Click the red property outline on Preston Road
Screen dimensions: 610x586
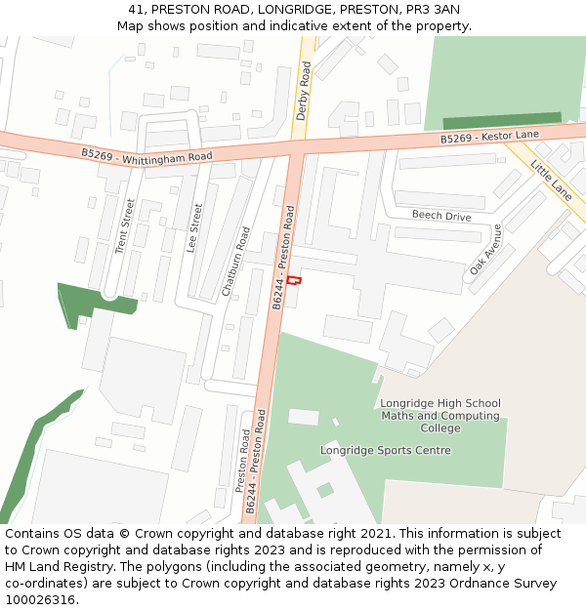pyautogui.click(x=294, y=281)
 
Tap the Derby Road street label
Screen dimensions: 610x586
pyautogui.click(x=304, y=90)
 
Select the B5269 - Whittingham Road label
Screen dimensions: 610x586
pyautogui.click(x=147, y=155)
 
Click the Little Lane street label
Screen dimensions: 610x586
pyautogui.click(x=551, y=180)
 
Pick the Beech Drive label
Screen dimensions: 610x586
pyautogui.click(x=441, y=216)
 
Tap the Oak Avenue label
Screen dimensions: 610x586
pyautogui.click(x=485, y=248)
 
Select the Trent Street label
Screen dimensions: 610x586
pyautogui.click(x=124, y=227)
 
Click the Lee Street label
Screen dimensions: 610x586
pyautogui.click(x=193, y=227)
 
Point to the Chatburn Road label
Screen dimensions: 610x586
pyautogui.click(x=235, y=262)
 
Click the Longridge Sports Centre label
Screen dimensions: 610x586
pyautogui.click(x=386, y=450)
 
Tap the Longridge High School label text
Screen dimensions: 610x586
pyautogui.click(x=439, y=403)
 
